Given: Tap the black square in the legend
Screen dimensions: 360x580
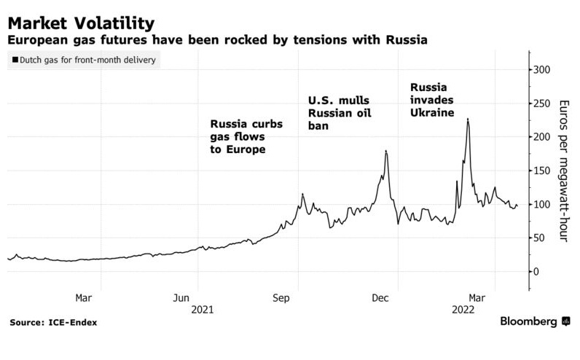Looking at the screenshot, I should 16,60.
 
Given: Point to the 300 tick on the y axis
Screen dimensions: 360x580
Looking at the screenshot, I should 542,70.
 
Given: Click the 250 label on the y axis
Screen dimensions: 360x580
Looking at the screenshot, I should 542,103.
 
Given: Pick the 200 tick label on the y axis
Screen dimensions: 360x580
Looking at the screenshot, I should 542,137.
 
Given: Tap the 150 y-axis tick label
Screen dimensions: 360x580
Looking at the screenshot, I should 542,171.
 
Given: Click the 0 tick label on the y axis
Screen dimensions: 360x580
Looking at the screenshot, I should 537,271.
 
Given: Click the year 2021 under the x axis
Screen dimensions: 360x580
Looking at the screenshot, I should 202,310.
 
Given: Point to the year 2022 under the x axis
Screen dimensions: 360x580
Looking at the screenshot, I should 463,310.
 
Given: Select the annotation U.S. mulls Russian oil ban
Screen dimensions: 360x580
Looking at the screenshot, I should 338,113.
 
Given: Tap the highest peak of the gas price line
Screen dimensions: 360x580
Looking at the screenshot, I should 467,119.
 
